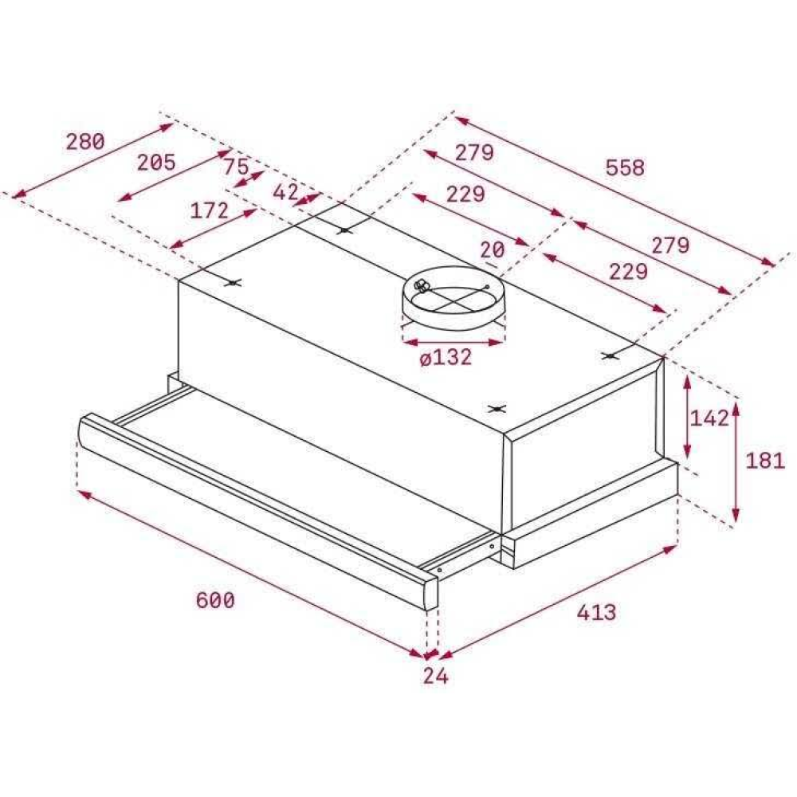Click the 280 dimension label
coord(84,143)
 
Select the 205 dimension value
coord(155,163)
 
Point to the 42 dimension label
coord(285,192)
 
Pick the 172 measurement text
coord(210,211)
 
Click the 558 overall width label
coord(625,167)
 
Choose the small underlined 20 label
coord(493,249)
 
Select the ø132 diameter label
coord(446,358)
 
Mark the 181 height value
coord(765,461)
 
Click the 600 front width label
coord(215,600)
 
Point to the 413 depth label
coord(596,612)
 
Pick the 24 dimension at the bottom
coord(435,677)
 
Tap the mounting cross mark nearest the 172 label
coord(232,282)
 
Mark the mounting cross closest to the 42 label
coord(344,230)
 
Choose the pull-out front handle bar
coord(255,510)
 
